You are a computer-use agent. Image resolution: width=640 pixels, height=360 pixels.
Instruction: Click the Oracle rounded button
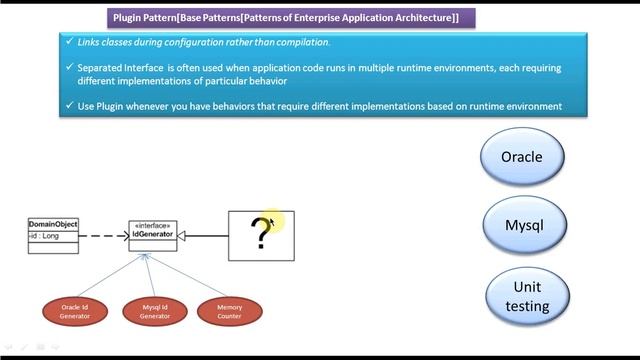point(521,157)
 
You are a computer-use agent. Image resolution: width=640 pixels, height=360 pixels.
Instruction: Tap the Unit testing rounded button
point(527,297)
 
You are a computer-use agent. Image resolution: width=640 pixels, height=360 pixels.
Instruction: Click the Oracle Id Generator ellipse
point(75,311)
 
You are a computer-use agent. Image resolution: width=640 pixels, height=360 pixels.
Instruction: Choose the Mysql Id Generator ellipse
point(154,311)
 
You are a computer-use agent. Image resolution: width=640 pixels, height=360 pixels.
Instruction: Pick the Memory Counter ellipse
point(229,311)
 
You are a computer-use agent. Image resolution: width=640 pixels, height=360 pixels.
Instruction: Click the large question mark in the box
point(261,234)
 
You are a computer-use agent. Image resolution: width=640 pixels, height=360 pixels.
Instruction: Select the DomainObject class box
point(53,236)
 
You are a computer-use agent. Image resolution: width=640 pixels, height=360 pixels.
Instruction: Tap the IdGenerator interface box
point(152,235)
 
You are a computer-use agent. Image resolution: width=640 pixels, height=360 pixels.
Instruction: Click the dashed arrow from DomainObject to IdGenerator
point(103,236)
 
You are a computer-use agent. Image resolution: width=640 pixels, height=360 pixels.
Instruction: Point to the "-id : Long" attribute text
point(45,236)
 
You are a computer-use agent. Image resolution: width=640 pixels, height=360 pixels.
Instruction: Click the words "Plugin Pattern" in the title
point(145,18)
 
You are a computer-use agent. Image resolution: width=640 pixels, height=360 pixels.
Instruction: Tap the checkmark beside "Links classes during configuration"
point(68,42)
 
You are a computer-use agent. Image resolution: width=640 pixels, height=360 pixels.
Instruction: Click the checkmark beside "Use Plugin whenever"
point(68,106)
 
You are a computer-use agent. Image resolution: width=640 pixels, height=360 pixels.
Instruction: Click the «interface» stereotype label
point(152,227)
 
